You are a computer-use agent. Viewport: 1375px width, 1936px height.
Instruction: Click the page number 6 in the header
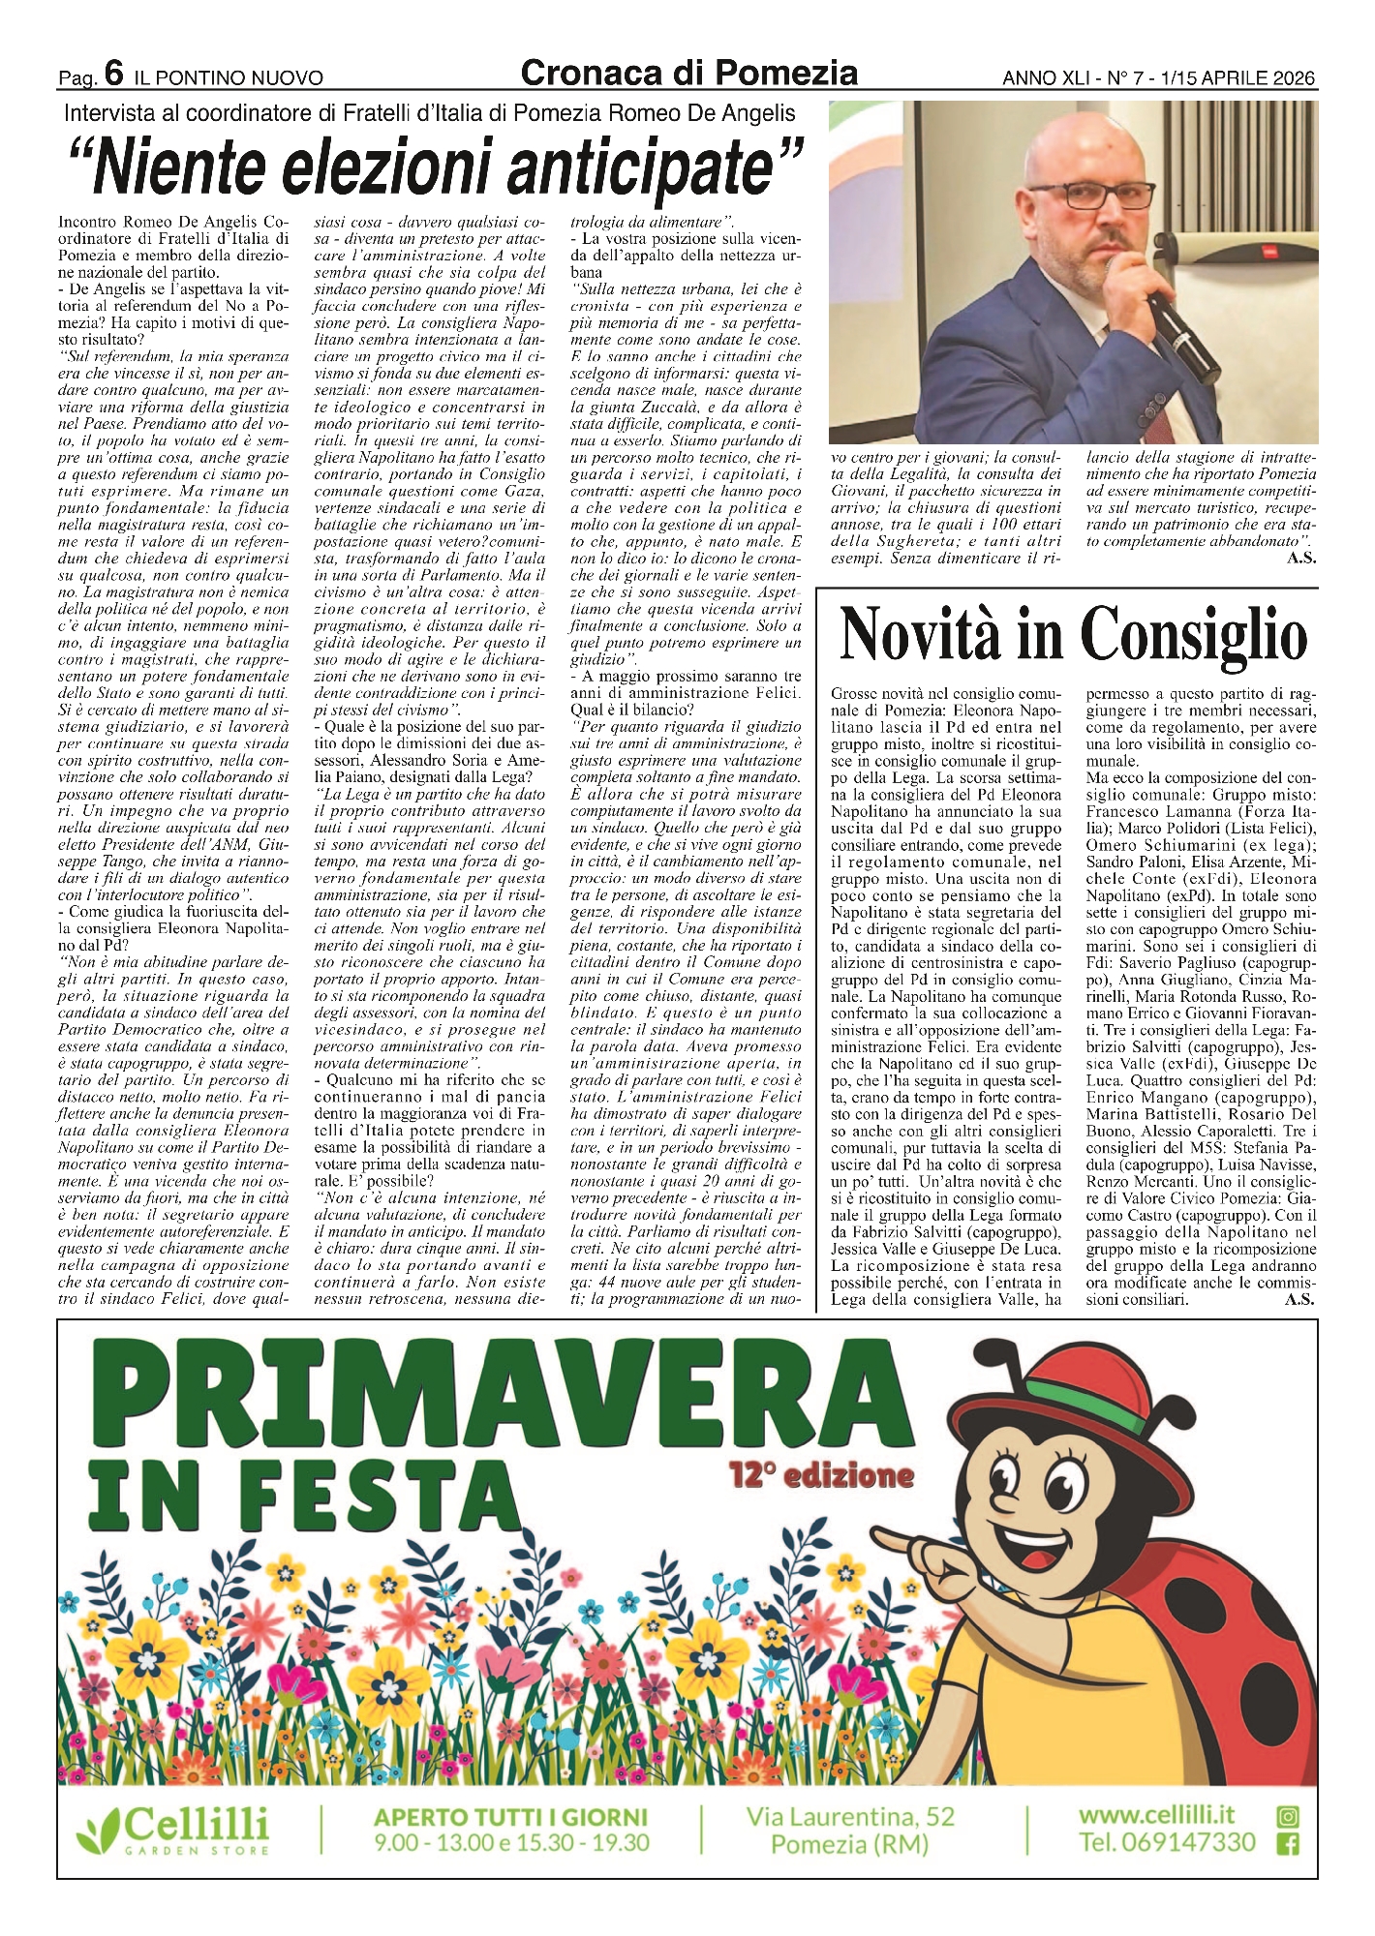tap(113, 73)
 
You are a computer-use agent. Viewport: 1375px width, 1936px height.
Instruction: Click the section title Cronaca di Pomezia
tap(688, 73)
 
